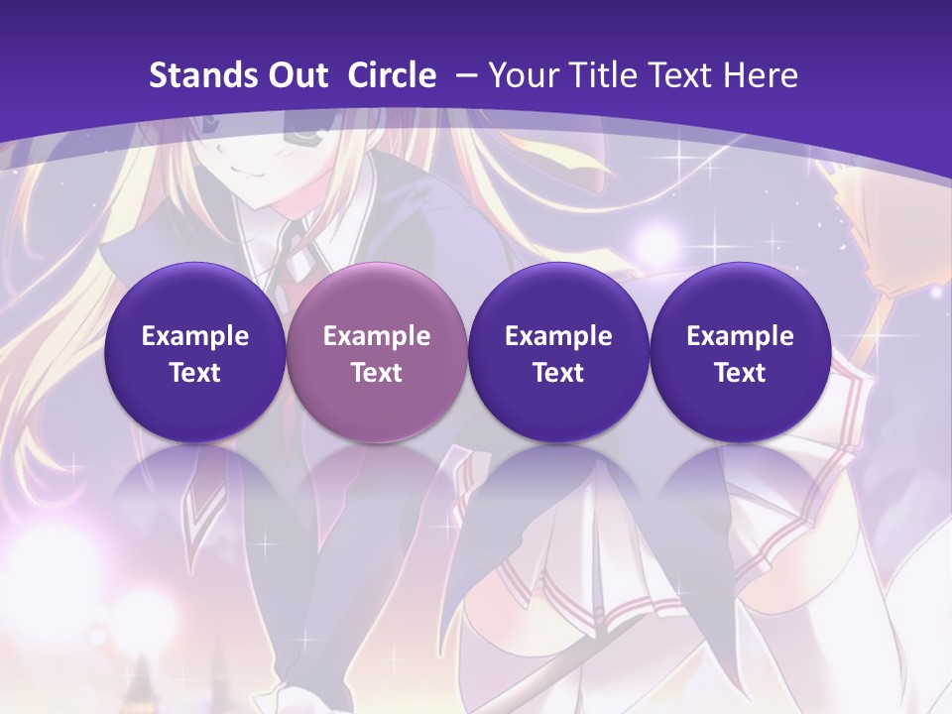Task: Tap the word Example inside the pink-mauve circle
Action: pyautogui.click(x=377, y=336)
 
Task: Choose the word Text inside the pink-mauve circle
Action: pyautogui.click(x=377, y=373)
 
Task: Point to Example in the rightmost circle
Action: pyautogui.click(x=740, y=336)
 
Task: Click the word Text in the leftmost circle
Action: pyautogui.click(x=194, y=373)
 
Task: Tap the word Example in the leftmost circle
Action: pyautogui.click(x=194, y=336)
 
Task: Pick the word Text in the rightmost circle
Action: pyautogui.click(x=740, y=373)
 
